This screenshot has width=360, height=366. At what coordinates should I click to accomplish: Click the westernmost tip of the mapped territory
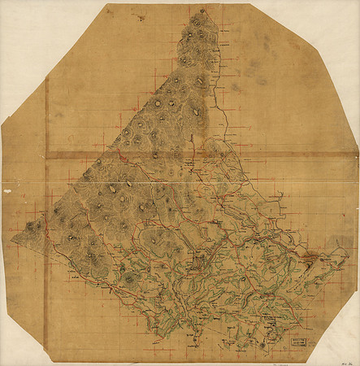12,241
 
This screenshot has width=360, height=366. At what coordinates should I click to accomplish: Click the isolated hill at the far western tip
33,227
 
